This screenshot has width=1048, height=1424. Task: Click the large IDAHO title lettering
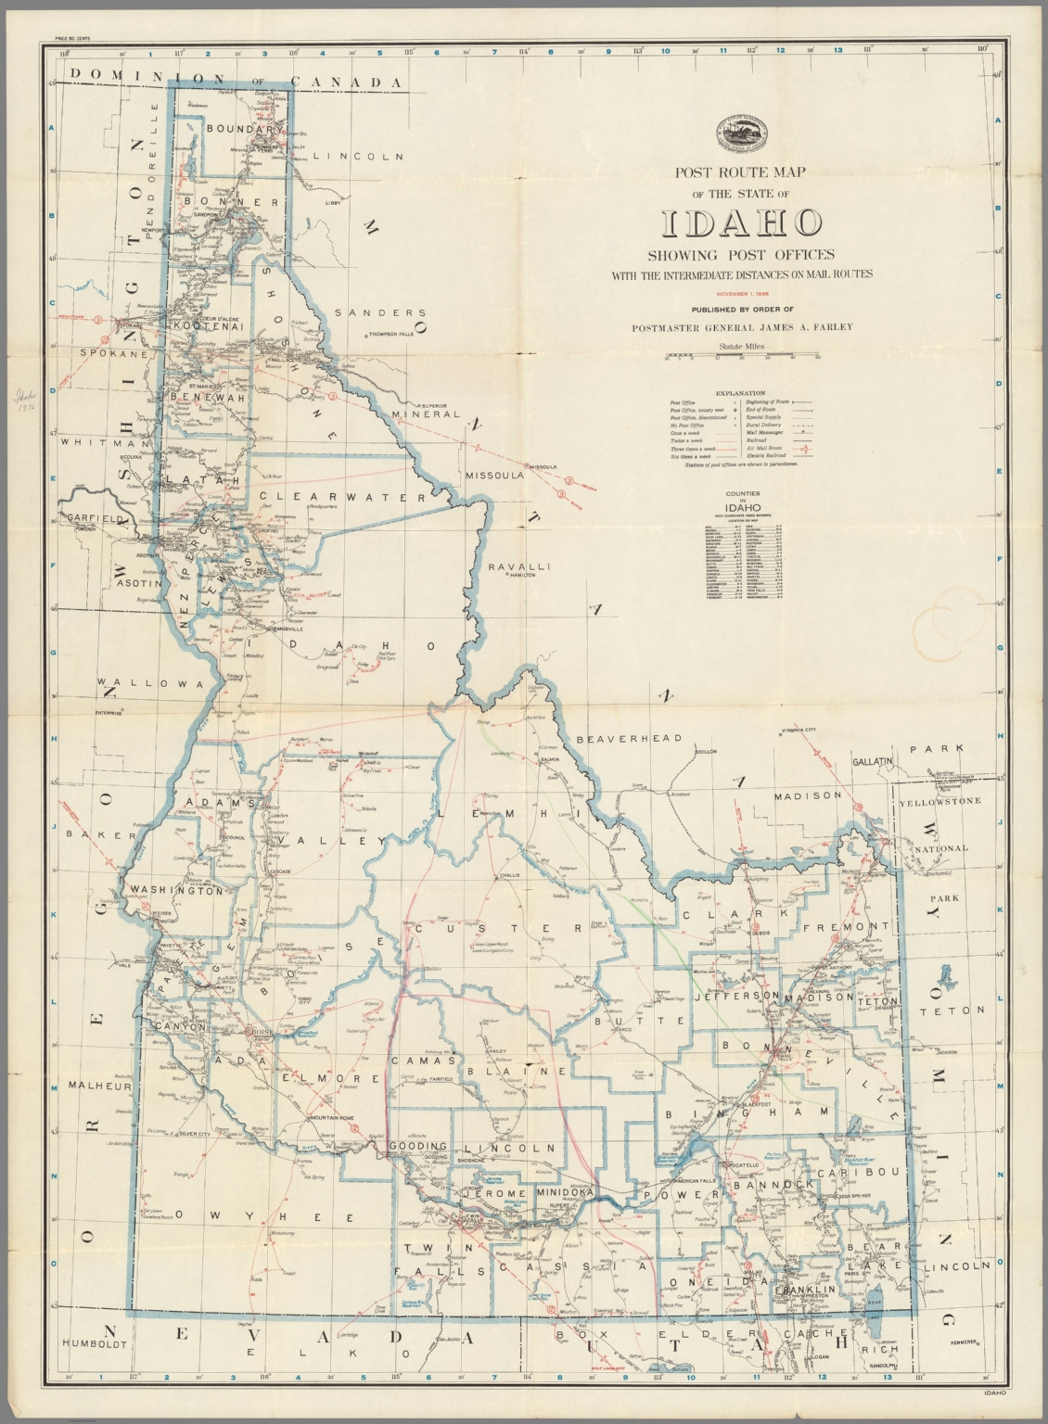[x=741, y=222]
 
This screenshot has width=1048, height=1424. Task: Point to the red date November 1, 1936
[x=741, y=293]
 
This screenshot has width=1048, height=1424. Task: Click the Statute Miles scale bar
[x=741, y=356]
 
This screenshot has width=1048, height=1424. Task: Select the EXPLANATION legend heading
[x=741, y=393]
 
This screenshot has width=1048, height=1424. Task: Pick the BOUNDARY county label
[x=236, y=130]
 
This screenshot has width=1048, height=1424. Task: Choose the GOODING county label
[x=417, y=1147]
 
